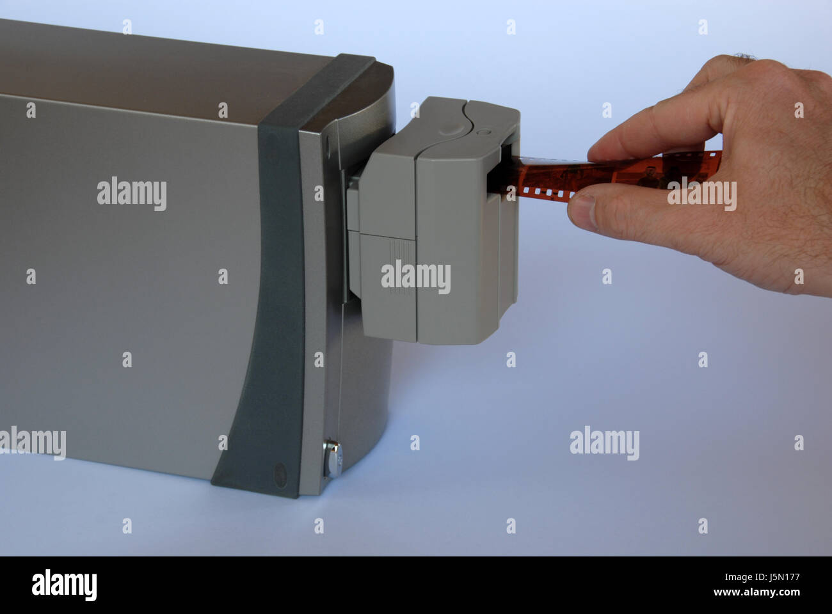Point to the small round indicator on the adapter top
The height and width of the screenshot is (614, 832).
click(x=484, y=132)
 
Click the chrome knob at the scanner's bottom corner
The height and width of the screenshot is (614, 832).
click(x=332, y=459)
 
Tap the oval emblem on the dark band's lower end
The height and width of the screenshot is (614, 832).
click(x=280, y=475)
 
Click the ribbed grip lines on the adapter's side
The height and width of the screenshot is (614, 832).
click(x=401, y=266)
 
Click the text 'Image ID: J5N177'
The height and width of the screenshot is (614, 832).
click(x=762, y=577)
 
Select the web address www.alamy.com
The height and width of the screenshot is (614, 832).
click(x=756, y=592)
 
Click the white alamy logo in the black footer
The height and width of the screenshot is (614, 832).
click(x=64, y=585)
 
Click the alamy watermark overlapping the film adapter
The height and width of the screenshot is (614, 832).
click(x=415, y=277)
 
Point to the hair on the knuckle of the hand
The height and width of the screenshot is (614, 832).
click(x=744, y=57)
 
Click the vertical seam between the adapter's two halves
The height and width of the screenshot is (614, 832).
click(x=415, y=248)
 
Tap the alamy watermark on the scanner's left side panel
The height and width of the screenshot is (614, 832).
click(x=132, y=193)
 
